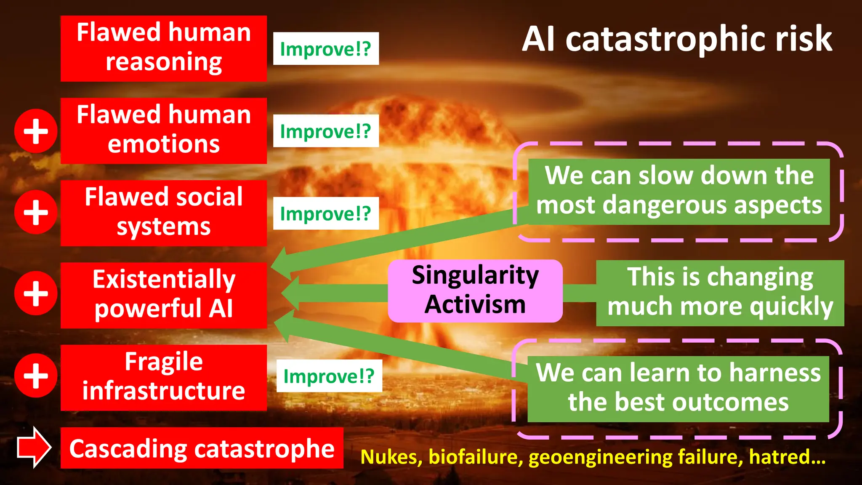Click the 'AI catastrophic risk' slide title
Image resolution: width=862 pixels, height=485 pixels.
(677, 39)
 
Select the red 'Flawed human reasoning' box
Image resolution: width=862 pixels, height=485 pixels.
(163, 48)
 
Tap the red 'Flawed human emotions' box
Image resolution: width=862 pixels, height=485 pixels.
(163, 131)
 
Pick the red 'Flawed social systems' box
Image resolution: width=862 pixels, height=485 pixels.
(163, 213)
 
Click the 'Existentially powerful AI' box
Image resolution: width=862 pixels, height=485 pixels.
(163, 295)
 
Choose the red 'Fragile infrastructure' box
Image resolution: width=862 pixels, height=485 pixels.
(163, 377)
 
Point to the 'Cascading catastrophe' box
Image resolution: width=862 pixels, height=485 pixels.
(202, 448)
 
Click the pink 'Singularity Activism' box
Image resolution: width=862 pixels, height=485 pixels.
(475, 290)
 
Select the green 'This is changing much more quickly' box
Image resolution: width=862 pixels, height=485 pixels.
(720, 293)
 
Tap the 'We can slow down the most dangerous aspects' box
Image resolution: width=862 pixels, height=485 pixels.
(678, 191)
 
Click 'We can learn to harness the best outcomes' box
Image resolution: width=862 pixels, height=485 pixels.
(678, 389)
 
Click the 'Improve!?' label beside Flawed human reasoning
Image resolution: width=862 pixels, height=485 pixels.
(326, 48)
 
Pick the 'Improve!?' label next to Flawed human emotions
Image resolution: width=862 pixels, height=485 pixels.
(326, 131)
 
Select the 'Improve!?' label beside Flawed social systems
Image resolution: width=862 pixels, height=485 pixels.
(326, 213)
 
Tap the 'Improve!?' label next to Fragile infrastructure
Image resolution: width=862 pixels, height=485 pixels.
(329, 376)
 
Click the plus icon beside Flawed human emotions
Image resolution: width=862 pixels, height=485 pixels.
(36, 131)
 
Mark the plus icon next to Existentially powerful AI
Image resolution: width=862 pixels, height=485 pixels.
(36, 293)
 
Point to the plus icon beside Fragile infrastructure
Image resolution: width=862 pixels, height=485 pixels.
(36, 376)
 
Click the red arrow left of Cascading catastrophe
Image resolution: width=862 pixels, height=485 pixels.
(34, 448)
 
